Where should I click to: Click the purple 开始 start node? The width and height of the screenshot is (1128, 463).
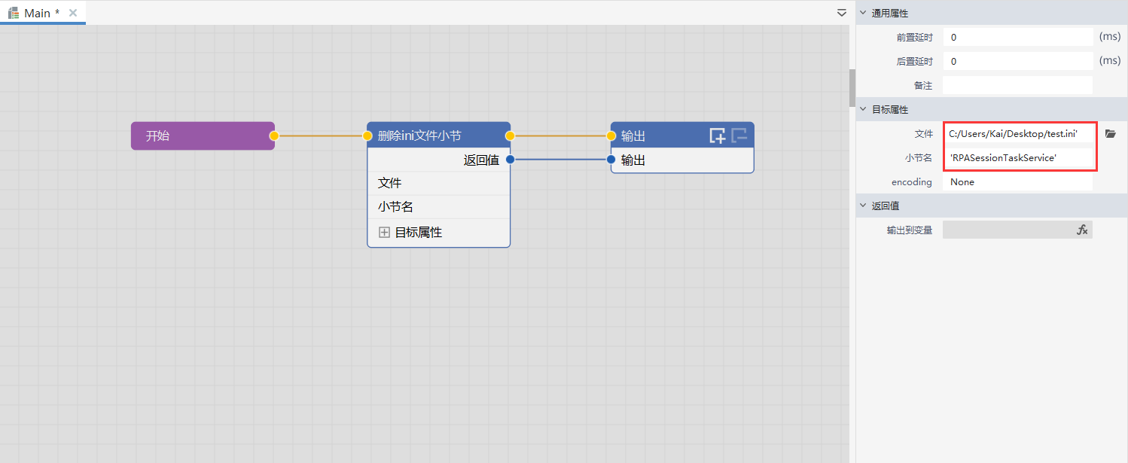(203, 136)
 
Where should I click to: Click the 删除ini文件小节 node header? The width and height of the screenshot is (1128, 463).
(438, 136)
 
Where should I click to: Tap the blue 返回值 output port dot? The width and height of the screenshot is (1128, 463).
(510, 160)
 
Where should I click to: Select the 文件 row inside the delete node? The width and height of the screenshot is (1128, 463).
(438, 183)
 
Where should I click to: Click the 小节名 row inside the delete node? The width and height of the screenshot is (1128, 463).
(438, 206)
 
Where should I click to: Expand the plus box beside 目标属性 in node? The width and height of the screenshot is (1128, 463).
(384, 232)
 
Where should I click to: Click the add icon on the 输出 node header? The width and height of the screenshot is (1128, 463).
(717, 136)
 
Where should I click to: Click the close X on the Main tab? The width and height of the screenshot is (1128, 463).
(73, 13)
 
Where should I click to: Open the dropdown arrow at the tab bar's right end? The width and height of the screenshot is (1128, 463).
(841, 13)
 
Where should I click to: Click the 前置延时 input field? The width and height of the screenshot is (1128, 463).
(1018, 37)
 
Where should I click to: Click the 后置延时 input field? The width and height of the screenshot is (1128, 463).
(1018, 62)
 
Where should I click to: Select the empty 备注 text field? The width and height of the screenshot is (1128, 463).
(1018, 86)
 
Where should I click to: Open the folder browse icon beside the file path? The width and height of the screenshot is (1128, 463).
(1111, 134)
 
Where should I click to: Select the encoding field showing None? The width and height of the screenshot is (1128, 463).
(1018, 182)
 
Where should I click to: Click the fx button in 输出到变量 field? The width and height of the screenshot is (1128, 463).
(1082, 230)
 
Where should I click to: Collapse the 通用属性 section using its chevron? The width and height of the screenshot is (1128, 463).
(863, 13)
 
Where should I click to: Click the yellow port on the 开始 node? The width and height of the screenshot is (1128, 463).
(274, 136)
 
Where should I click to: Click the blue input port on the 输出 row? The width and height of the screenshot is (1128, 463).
(611, 160)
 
